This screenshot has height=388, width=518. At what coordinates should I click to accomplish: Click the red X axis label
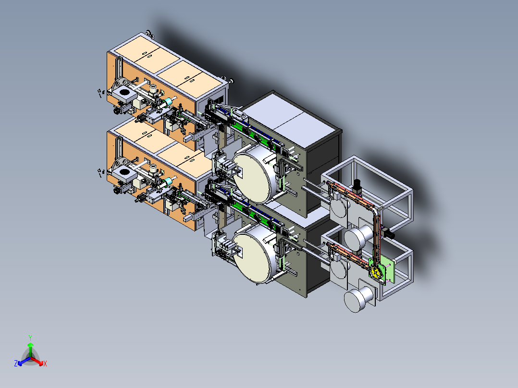[45, 364]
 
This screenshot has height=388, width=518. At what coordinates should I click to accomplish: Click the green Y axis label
[30, 338]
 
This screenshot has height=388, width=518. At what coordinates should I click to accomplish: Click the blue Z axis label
[16, 364]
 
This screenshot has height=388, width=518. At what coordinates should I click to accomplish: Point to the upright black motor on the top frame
[357, 186]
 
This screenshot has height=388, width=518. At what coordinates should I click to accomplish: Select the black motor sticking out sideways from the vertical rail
[389, 234]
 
